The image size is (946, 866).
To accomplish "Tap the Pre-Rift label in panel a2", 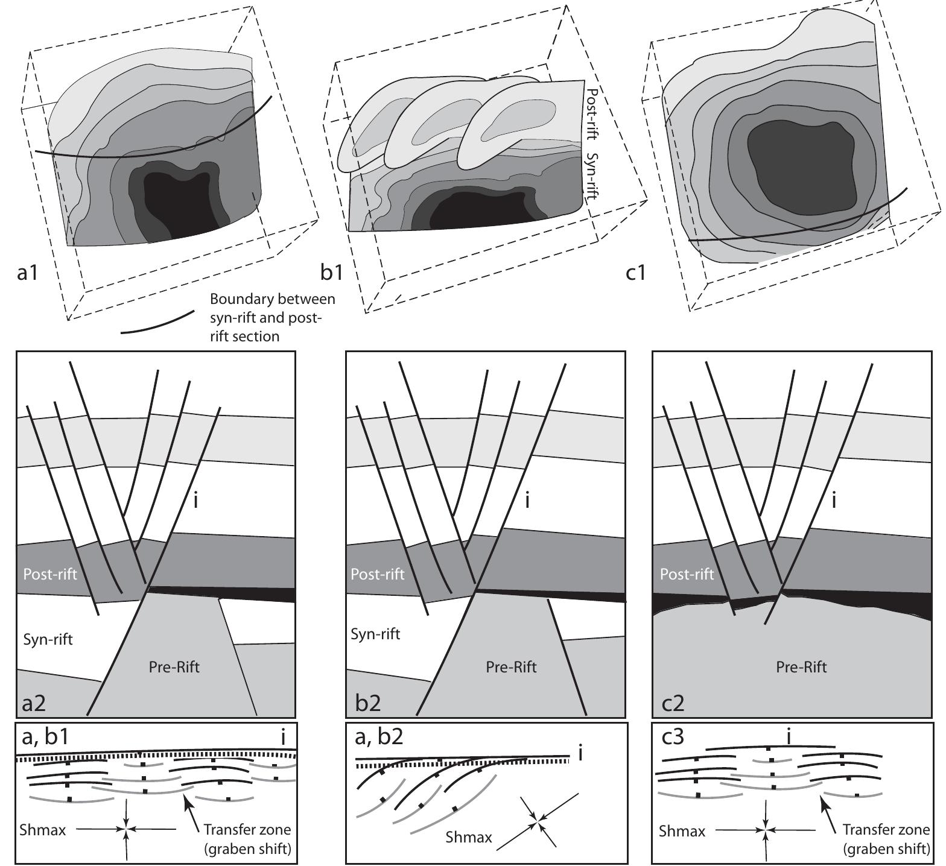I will click(x=174, y=667).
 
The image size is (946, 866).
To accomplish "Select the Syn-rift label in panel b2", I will click(x=375, y=634).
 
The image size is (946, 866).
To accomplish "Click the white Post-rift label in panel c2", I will click(x=687, y=574).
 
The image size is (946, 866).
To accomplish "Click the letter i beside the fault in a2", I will click(x=195, y=500).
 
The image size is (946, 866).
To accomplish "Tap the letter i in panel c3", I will click(x=790, y=737).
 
